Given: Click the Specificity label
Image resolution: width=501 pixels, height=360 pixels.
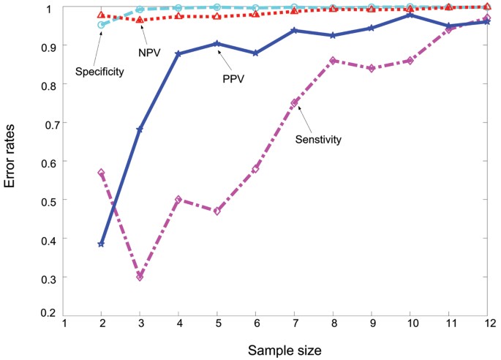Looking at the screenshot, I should (x=99, y=72).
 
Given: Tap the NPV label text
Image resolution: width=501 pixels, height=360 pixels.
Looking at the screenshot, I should (x=148, y=53).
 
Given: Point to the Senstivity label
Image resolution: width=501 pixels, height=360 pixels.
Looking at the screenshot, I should (x=318, y=139).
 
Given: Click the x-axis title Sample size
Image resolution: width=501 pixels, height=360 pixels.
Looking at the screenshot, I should (x=275, y=348).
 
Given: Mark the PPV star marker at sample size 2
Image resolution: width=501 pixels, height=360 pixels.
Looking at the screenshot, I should (x=101, y=244).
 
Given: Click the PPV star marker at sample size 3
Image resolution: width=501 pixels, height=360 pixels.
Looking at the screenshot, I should (x=140, y=129).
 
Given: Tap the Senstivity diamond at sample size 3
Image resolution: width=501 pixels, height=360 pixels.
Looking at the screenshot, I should (x=140, y=277).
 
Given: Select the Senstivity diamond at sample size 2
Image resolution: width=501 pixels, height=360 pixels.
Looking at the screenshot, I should (x=101, y=173).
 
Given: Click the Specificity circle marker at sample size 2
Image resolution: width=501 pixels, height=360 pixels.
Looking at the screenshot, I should (x=101, y=25).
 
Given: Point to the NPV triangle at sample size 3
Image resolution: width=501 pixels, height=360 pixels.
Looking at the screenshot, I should (x=140, y=20).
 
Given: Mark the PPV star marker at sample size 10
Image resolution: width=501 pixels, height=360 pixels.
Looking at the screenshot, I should (x=410, y=15).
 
